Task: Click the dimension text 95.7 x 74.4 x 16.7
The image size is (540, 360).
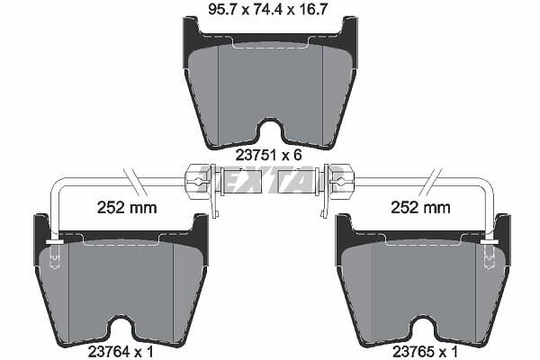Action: pyautogui.click(x=267, y=9)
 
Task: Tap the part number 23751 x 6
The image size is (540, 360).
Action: pyautogui.click(x=268, y=155)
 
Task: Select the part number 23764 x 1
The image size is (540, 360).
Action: pyautogui.click(x=121, y=352)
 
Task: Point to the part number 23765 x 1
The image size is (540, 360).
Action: pyautogui.click(x=426, y=352)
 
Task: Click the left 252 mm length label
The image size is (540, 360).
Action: pyautogui.click(x=127, y=208)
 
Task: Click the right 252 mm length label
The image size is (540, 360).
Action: pyautogui.click(x=420, y=208)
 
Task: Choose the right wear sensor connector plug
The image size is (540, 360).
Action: pyautogui.click(x=335, y=181)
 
